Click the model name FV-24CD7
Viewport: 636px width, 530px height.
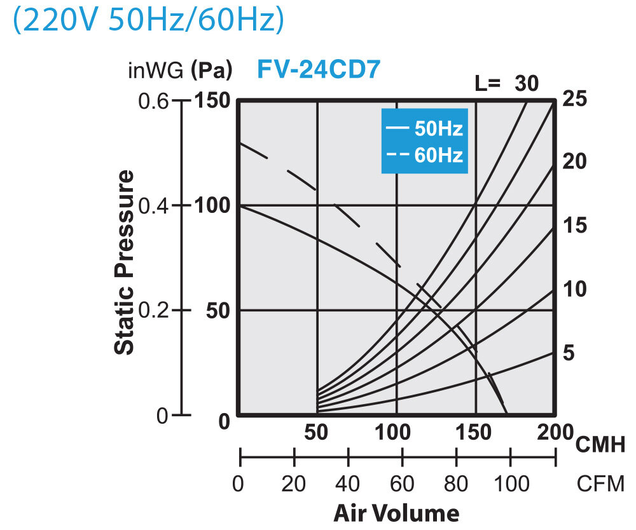pos(318,69)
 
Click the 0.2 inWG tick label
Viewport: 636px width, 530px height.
pos(153,310)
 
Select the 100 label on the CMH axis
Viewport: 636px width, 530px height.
pos(396,433)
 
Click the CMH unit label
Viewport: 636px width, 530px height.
pos(600,444)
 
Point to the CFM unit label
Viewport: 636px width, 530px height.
pos(600,484)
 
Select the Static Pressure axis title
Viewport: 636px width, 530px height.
pos(125,261)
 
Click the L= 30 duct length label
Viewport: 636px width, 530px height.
pos(507,83)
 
